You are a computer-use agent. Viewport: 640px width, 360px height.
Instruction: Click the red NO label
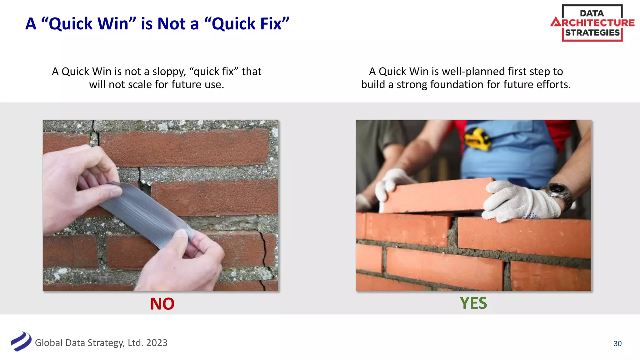[162, 304]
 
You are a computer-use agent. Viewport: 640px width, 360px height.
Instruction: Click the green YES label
[473, 303]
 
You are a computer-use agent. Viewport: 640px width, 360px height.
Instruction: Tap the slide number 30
[617, 343]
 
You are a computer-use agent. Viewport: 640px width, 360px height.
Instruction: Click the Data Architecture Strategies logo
[592, 23]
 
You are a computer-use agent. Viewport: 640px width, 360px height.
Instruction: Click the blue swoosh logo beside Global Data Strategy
[21, 342]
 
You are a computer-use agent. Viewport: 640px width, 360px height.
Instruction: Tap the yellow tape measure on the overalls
[477, 139]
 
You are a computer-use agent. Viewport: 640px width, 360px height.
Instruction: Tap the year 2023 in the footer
[157, 343]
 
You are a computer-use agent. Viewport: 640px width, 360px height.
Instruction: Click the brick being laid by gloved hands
[434, 195]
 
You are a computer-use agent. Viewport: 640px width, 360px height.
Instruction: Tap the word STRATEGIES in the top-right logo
[592, 33]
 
